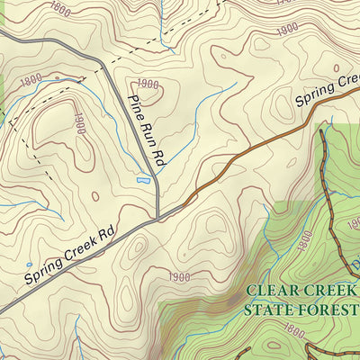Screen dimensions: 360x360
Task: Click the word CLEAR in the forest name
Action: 271,292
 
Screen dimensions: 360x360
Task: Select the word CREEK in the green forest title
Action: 328,292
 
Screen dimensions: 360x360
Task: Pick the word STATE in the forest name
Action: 269,310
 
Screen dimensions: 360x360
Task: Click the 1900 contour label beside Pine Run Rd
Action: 148,85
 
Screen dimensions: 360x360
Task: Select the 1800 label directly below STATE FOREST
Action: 293,331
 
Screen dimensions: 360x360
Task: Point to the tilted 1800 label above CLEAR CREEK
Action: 303,240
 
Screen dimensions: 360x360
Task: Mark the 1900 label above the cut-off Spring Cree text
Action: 287,30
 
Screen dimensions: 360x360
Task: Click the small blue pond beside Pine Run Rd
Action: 142,181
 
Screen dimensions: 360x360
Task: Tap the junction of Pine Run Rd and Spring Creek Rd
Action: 158,217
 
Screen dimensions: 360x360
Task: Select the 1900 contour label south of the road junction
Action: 179,276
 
